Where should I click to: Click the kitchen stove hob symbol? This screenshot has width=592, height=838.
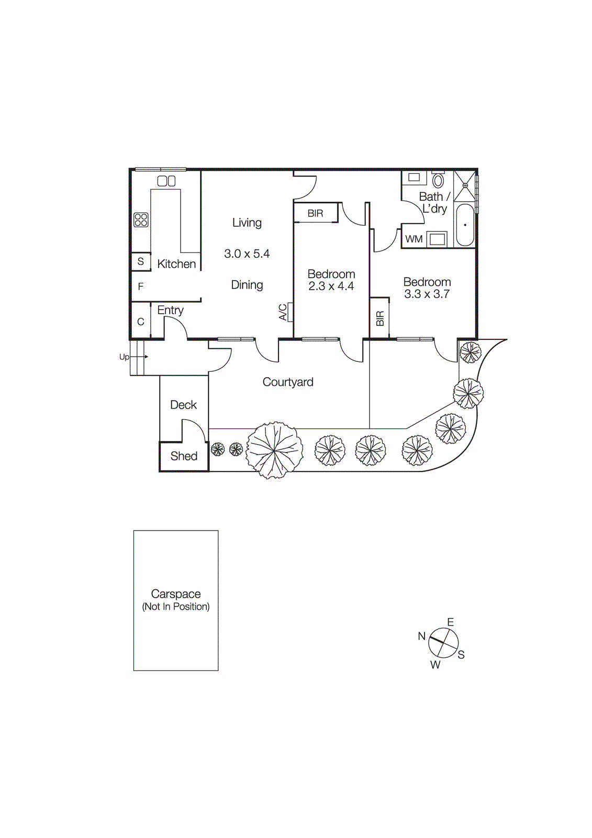click(x=141, y=219)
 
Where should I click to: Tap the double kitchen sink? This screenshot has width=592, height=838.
click(x=166, y=181)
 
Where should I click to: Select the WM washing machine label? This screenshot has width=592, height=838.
click(x=414, y=239)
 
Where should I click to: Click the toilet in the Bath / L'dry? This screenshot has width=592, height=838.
click(x=438, y=181)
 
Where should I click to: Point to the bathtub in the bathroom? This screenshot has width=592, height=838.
click(x=465, y=225)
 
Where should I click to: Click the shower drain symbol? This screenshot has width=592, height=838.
click(x=465, y=185)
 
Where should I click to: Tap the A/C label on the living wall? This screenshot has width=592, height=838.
click(x=283, y=312)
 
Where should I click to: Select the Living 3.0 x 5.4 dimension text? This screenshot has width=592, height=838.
click(x=247, y=254)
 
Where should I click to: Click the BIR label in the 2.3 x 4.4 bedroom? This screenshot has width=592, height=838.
click(x=315, y=214)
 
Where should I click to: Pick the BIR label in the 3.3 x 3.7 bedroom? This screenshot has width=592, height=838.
click(x=380, y=318)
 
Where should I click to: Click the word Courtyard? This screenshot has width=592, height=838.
click(x=288, y=382)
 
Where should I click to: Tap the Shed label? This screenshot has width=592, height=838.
click(x=184, y=456)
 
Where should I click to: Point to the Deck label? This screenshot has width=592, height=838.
click(x=183, y=405)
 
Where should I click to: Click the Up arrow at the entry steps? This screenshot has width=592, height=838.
click(x=139, y=357)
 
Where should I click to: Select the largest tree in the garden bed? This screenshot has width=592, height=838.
click(x=274, y=450)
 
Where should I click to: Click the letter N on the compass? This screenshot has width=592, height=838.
click(x=421, y=636)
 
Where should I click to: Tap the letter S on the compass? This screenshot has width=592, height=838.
click(x=461, y=655)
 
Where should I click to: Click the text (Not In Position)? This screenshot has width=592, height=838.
click(x=176, y=607)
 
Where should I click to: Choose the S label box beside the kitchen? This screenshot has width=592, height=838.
click(x=140, y=261)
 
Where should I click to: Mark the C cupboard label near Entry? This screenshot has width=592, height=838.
click(x=140, y=322)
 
